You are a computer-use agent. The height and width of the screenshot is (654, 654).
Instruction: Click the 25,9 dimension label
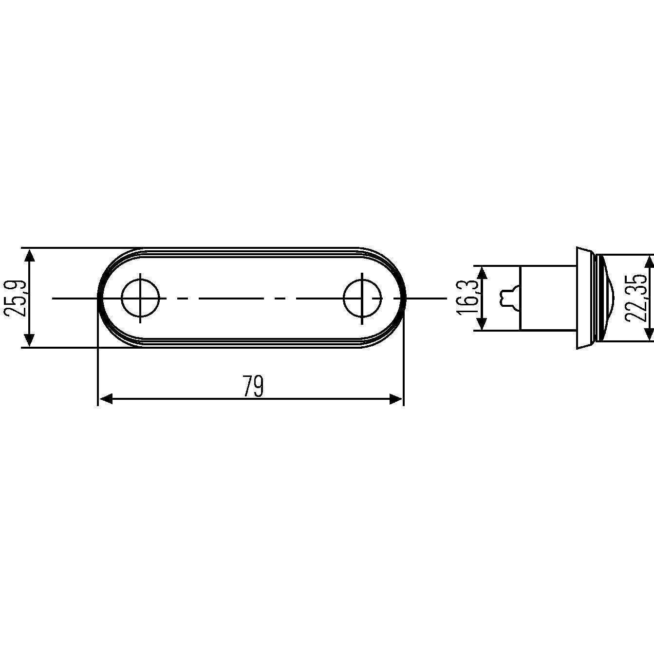pyautogui.click(x=15, y=298)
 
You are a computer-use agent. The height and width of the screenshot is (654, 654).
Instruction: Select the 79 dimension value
pyautogui.click(x=254, y=386)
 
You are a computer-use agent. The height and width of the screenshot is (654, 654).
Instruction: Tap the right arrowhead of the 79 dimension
pyautogui.click(x=395, y=399)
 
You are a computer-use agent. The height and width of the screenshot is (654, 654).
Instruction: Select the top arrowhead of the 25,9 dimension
pyautogui.click(x=30, y=255)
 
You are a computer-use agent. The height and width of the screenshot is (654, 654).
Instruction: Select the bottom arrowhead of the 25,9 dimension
pyautogui.click(x=30, y=340)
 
